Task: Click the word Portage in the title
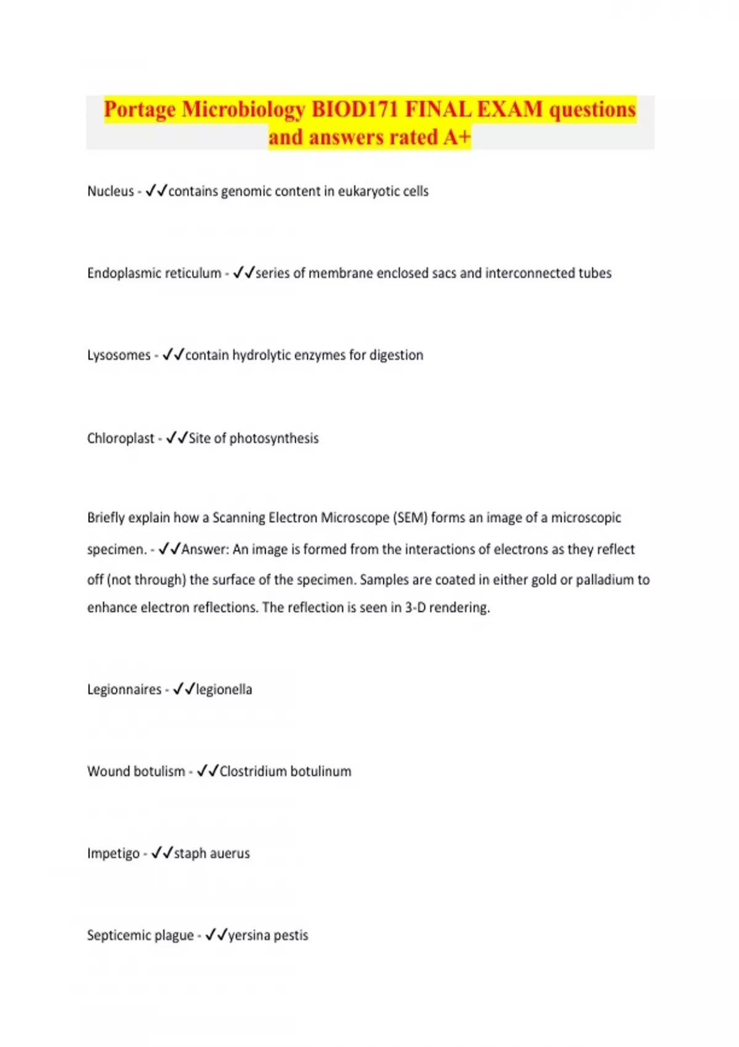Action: [140, 110]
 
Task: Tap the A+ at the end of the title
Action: [456, 137]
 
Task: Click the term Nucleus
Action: [110, 192]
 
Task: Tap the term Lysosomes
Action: [119, 355]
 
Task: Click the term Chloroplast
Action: [121, 439]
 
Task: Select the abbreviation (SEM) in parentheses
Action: [410, 518]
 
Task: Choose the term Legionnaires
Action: [124, 690]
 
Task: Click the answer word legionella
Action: [224, 690]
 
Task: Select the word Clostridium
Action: [253, 772]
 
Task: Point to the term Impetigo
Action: [113, 854]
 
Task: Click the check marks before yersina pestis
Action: [216, 935]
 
